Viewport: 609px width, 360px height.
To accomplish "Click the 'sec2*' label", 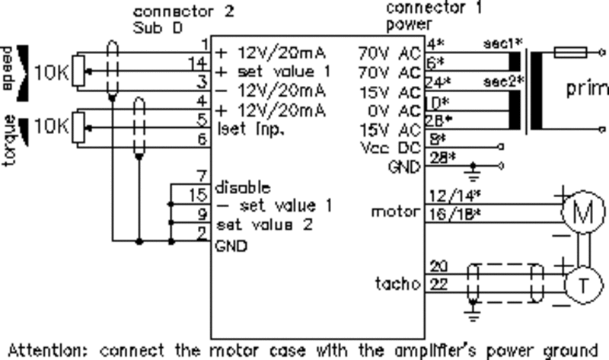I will (x=497, y=80).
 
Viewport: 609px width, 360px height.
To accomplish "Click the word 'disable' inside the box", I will (x=242, y=186).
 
